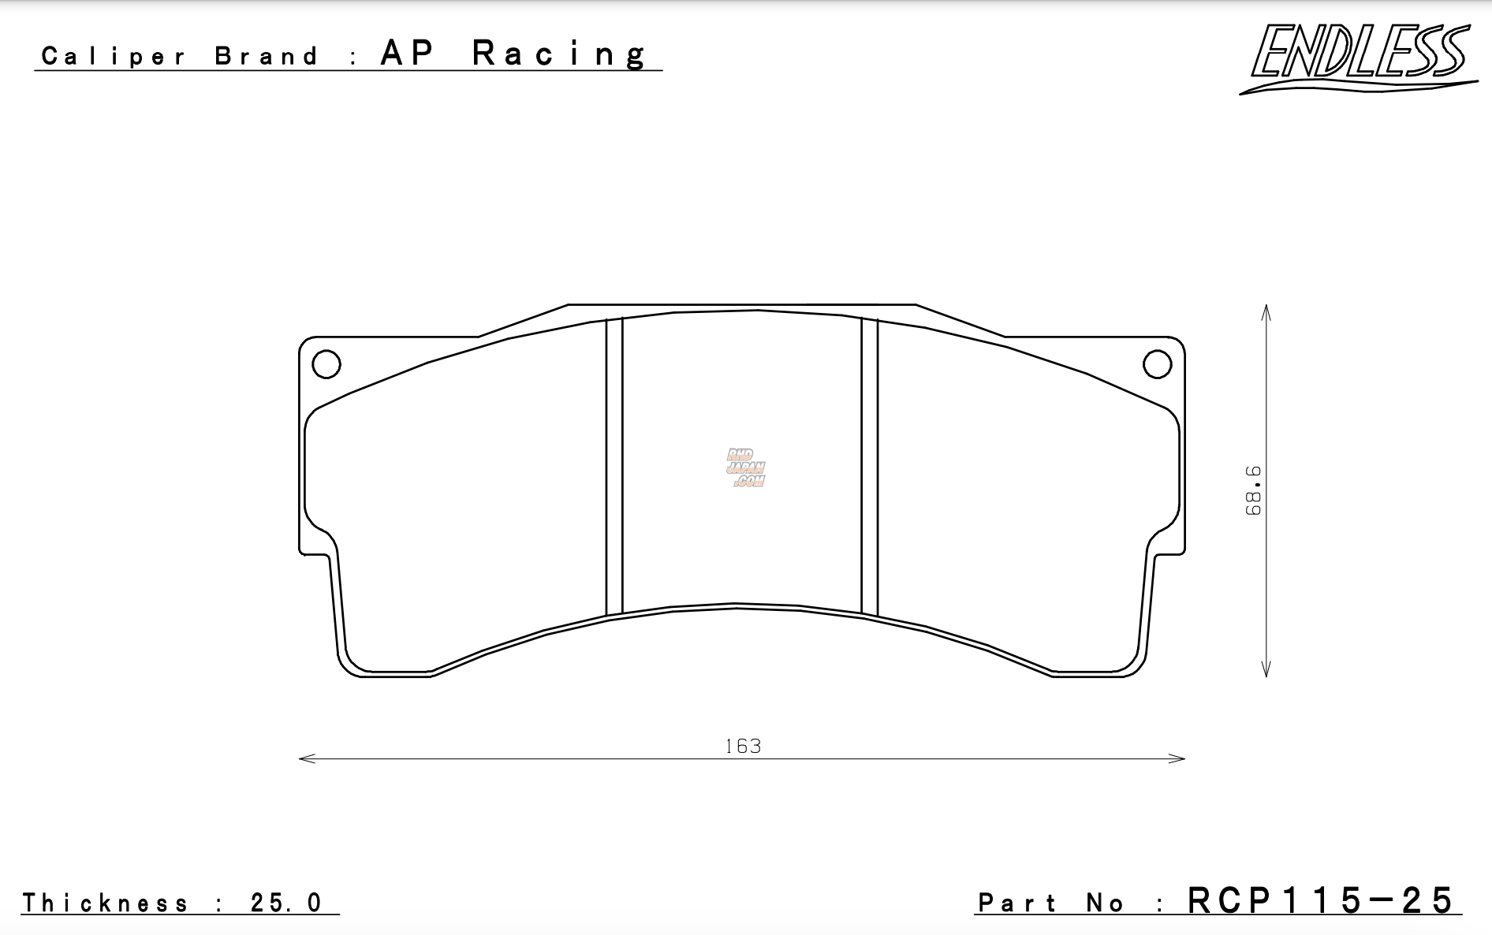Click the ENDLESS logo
pyautogui.click(x=1358, y=57)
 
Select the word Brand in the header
pyautogui.click(x=267, y=56)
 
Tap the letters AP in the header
pyautogui.click(x=407, y=54)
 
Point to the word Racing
pyautogui.click(x=560, y=54)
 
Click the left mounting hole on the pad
pyautogui.click(x=326, y=364)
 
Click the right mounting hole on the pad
pyautogui.click(x=1157, y=364)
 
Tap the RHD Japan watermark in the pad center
pyautogui.click(x=745, y=468)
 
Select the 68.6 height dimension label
pyautogui.click(x=1254, y=490)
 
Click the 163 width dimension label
pyautogui.click(x=743, y=746)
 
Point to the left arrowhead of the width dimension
pyautogui.click(x=305, y=758)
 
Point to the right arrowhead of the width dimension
pyautogui.click(x=1179, y=758)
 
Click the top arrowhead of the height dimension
pyautogui.click(x=1266, y=311)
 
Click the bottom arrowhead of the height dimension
pyautogui.click(x=1266, y=671)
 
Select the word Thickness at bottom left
pyautogui.click(x=106, y=903)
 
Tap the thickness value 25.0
pyautogui.click(x=285, y=903)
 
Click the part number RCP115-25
pyautogui.click(x=1320, y=900)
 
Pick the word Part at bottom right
pyautogui.click(x=1017, y=903)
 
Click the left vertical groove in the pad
pyautogui.click(x=614, y=465)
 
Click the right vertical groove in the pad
pyautogui.click(x=869, y=465)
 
